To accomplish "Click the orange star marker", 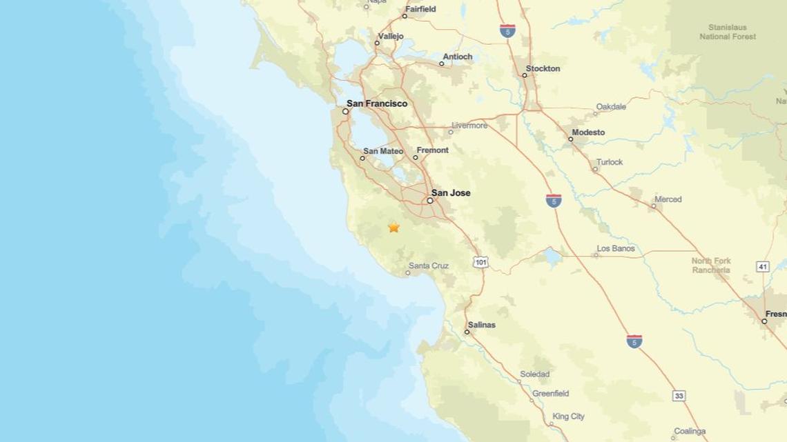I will click(393, 227).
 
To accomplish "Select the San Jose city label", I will click(451, 193).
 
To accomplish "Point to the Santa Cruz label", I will click(429, 265).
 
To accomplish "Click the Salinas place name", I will click(482, 324).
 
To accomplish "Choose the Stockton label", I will click(543, 68).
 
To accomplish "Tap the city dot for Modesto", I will click(571, 139).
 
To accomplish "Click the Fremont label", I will click(433, 150).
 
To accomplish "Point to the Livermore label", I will click(469, 125).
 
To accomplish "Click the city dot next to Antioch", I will click(442, 64).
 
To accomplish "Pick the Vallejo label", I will click(390, 36).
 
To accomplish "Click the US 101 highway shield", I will click(481, 262).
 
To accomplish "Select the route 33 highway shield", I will click(679, 396).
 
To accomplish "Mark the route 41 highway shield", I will click(763, 265).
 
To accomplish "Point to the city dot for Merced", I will click(654, 205).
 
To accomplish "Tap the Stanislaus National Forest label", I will click(728, 32).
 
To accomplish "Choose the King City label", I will click(569, 416).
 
